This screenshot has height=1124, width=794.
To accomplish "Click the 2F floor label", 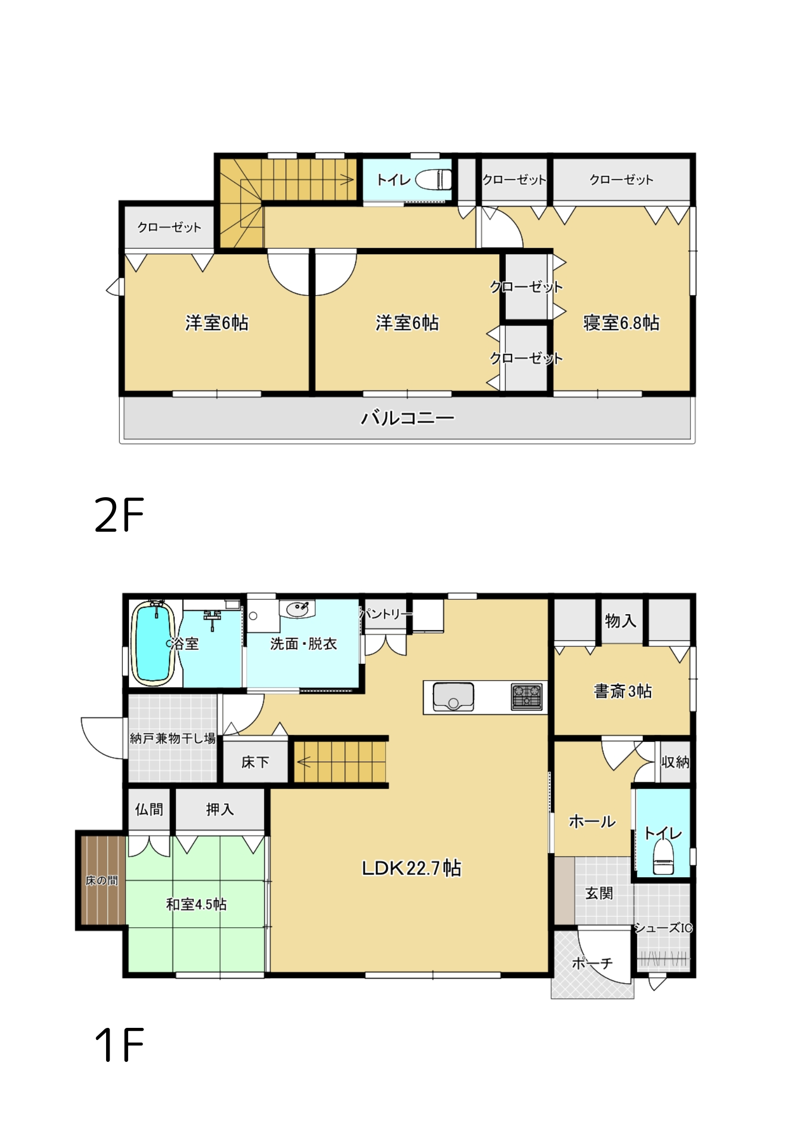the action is click(x=119, y=515).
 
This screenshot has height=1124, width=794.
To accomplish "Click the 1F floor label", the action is click(x=119, y=1044).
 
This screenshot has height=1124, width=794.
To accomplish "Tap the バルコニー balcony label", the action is click(x=407, y=418).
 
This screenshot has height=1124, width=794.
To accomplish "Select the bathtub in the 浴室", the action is click(x=153, y=643).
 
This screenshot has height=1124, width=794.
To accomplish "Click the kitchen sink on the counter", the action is click(x=453, y=696).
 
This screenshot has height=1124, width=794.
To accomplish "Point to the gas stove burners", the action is click(x=527, y=696).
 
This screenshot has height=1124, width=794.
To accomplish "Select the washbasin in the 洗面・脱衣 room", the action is click(x=297, y=610).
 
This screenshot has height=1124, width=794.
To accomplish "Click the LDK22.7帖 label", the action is click(x=411, y=868).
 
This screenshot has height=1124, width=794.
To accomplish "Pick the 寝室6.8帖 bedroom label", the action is click(x=621, y=323).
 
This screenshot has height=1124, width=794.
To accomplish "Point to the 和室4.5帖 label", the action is click(x=196, y=904).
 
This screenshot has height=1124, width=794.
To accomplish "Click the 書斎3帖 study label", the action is click(x=622, y=691).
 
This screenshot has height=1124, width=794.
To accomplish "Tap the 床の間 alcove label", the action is click(x=102, y=881).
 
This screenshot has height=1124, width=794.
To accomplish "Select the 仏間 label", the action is click(x=149, y=810).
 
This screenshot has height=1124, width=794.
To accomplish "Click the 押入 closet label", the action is click(x=220, y=810).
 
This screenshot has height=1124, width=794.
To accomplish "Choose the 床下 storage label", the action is click(x=255, y=763).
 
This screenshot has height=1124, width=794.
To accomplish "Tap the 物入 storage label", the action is click(x=620, y=621).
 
